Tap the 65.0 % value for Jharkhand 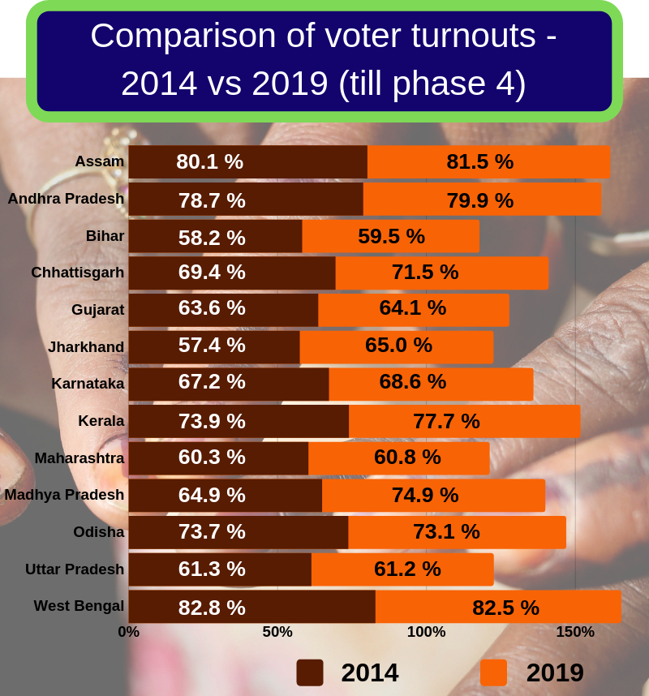click(x=398, y=345)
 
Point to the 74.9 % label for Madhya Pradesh click(x=425, y=495)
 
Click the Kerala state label click(x=101, y=420)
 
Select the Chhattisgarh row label click(x=78, y=273)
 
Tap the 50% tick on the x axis click(x=277, y=632)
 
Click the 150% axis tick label click(x=575, y=632)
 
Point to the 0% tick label click(x=129, y=632)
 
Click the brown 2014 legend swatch click(x=309, y=672)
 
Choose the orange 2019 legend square click(x=493, y=672)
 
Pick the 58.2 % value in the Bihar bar click(x=212, y=237)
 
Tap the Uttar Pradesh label click(x=75, y=569)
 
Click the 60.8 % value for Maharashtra click(x=407, y=457)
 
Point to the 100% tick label click(x=426, y=632)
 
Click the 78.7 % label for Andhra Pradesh click(x=212, y=200)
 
